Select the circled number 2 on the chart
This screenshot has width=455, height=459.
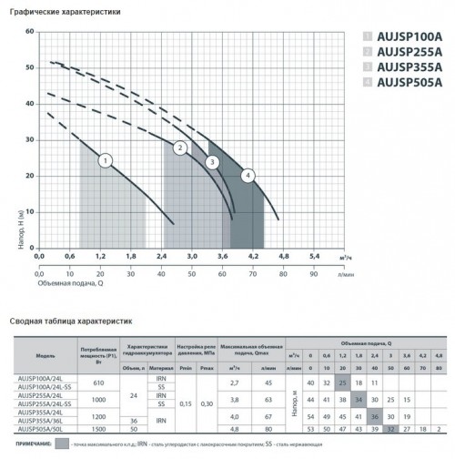[180, 148]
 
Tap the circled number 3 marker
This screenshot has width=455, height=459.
[212, 162]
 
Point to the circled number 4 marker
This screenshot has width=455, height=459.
[247, 174]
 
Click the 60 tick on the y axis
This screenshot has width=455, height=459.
[29, 31]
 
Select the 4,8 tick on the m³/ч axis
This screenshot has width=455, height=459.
[283, 257]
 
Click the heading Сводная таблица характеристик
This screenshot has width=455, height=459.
[71, 321]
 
